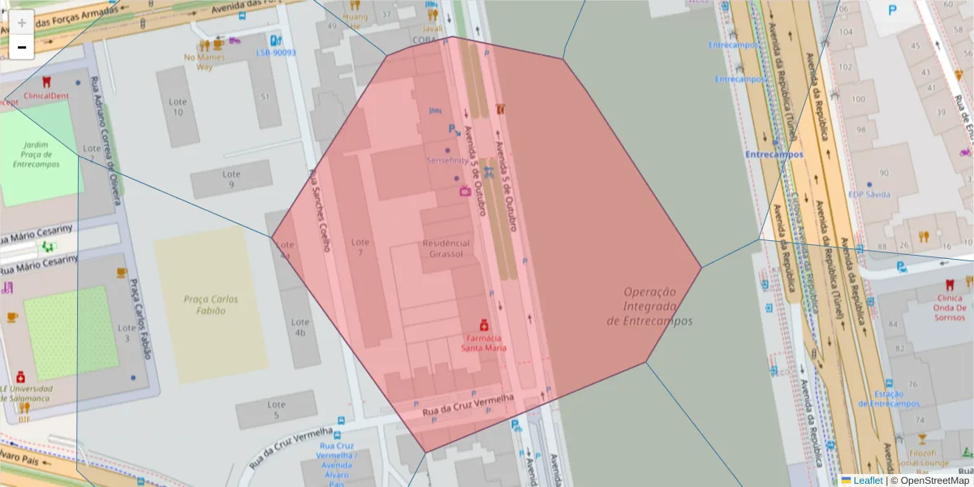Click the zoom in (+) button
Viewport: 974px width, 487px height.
[22, 23]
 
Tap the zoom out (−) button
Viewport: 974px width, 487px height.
[22, 47]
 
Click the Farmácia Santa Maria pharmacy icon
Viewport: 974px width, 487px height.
[484, 324]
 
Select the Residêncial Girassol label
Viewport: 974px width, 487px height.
[446, 248]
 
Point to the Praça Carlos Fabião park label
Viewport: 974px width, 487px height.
[210, 304]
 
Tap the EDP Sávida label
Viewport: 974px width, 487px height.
[869, 194]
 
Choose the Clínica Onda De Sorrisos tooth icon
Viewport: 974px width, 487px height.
[950, 285]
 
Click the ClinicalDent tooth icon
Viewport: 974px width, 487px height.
[46, 82]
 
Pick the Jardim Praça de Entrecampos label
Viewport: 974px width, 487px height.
[36, 153]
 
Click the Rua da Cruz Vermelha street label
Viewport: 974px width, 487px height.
[470, 406]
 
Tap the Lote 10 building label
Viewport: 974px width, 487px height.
[178, 107]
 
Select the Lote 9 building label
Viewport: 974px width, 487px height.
[232, 179]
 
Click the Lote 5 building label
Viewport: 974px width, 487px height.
[276, 410]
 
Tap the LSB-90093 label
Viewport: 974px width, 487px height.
[276, 53]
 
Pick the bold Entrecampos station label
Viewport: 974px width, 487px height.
[774, 154]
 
